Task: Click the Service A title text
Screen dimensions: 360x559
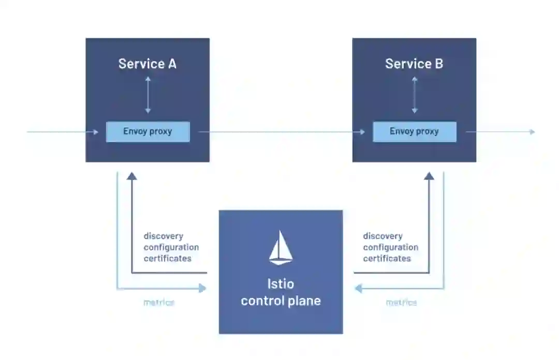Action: coord(148,64)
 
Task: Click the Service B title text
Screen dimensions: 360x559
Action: coord(414,64)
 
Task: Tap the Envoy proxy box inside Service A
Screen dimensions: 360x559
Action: coord(148,131)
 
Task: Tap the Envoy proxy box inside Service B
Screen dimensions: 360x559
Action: coord(414,131)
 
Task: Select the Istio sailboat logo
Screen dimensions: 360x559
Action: coord(281,248)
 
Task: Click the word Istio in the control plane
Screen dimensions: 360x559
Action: coord(281,284)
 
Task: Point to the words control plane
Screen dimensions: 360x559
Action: coord(281,301)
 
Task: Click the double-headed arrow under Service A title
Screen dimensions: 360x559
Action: coord(148,95)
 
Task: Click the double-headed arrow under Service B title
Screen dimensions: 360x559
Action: coord(414,95)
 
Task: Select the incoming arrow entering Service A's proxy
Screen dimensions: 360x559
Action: coord(62,132)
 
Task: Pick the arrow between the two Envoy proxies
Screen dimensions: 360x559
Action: coord(282,132)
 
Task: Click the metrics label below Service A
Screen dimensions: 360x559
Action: coord(159,303)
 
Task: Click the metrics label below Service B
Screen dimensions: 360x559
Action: coord(401,303)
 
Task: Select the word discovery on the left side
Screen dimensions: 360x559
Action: coord(164,236)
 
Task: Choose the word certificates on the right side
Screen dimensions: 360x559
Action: coord(387,258)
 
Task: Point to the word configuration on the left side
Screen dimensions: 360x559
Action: coord(171,247)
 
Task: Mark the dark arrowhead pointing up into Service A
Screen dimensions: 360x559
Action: coord(132,176)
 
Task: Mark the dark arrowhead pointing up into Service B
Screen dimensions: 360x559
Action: coord(429,176)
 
